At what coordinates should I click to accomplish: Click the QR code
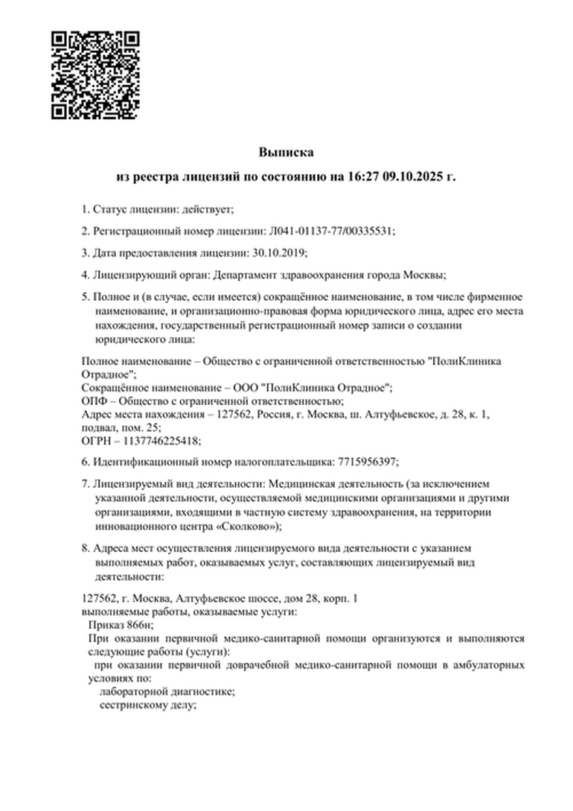point(95,75)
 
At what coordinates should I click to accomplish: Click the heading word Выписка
point(286,152)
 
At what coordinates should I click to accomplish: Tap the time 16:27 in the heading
point(361,177)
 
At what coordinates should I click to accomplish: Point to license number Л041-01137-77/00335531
point(330,231)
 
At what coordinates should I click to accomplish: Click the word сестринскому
point(129,705)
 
